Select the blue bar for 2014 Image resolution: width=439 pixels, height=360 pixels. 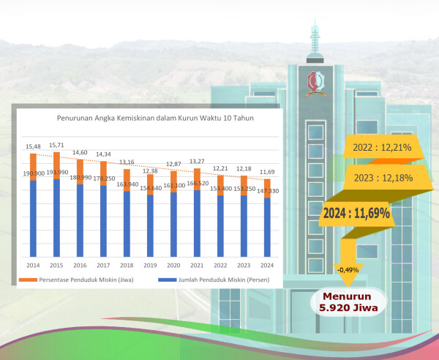33,218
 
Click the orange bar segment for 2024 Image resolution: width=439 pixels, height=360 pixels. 268,188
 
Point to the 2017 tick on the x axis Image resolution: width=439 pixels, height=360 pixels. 103,265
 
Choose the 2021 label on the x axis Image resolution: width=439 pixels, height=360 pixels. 197,265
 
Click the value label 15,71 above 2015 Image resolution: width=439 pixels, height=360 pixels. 56,146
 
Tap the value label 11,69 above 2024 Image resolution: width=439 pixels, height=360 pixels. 267,172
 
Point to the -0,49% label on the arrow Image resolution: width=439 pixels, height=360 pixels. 348,270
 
